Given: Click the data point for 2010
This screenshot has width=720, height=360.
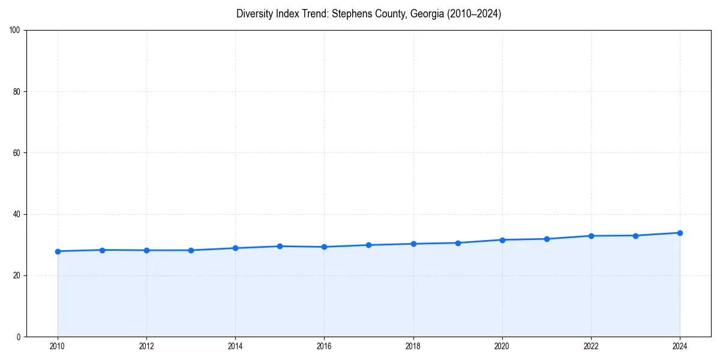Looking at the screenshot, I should point(58,251).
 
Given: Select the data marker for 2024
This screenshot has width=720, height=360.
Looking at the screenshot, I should point(680,233).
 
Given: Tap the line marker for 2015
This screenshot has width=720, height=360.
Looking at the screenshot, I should point(280,246).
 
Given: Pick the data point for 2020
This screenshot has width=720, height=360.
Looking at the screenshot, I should point(502,240).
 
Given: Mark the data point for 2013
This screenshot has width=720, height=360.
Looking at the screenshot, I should point(191,250).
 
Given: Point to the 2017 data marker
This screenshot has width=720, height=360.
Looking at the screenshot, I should point(368,245).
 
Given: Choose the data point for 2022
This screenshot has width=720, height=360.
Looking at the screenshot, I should point(591,236).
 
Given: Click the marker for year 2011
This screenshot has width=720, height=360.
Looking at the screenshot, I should point(102,250).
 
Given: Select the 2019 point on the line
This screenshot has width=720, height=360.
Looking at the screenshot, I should point(458,243).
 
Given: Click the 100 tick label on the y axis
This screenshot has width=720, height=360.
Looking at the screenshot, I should point(15,31).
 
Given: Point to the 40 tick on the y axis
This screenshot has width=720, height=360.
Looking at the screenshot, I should point(17,214).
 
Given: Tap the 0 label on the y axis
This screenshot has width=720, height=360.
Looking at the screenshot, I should point(19,337).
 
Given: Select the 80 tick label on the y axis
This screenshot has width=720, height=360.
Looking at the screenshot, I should point(17,92).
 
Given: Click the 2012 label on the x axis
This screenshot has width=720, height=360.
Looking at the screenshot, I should point(146,346).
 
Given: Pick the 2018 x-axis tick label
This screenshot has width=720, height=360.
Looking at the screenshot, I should point(413,346).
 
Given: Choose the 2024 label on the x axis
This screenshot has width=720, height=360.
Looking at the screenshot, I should point(680,346).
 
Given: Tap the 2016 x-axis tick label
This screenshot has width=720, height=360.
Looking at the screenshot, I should point(324,346).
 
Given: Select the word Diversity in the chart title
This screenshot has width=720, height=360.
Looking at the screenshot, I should point(256,14).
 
